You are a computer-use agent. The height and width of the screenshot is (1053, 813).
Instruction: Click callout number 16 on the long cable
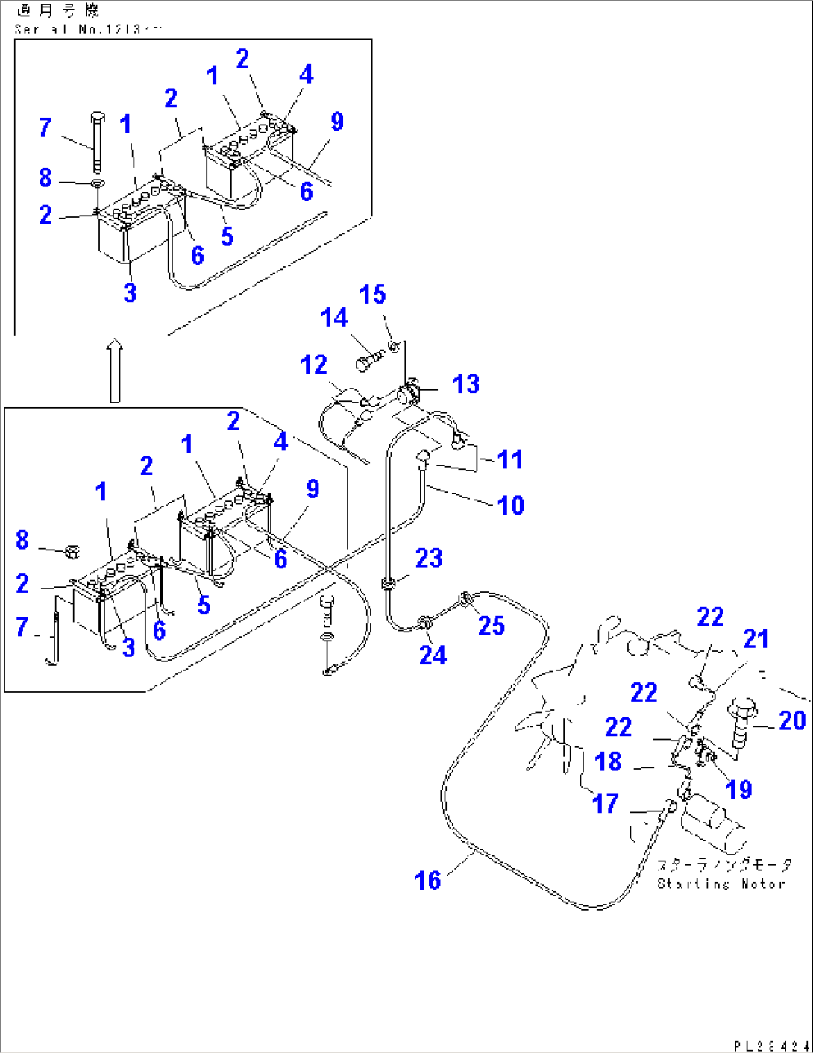coord(427,880)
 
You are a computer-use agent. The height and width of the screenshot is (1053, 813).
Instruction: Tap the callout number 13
coord(465,384)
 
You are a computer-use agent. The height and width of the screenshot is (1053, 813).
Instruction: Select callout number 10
coord(510,505)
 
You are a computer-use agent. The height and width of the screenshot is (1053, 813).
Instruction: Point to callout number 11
coord(510,459)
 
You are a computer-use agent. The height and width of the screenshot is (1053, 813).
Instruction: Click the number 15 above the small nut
coord(372,295)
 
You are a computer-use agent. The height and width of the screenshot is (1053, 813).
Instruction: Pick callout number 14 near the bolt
coord(334,318)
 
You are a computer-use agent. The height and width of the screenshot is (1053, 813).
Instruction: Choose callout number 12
coord(314,365)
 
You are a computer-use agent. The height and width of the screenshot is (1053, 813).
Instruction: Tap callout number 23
coord(429,558)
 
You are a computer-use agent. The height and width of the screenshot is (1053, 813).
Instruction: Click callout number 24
coord(433,655)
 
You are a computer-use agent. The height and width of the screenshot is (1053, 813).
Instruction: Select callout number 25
coord(492,626)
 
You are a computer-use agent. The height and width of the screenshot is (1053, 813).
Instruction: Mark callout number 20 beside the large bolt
coord(792,720)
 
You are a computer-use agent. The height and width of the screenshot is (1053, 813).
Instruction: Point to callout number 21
coord(756,638)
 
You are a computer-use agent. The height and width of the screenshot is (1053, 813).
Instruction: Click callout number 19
coord(738,789)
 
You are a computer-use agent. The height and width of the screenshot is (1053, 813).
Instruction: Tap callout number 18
coord(609,761)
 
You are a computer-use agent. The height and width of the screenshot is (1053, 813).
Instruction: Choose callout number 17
coord(605,803)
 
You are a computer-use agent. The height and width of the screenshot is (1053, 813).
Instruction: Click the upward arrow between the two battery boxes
coord(114,371)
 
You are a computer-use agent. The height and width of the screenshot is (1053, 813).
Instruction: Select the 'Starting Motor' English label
coord(721,884)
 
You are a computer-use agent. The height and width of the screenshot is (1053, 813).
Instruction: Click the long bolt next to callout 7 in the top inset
coord(97,141)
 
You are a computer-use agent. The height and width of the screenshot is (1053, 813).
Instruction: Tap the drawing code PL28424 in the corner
coord(770,1046)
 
